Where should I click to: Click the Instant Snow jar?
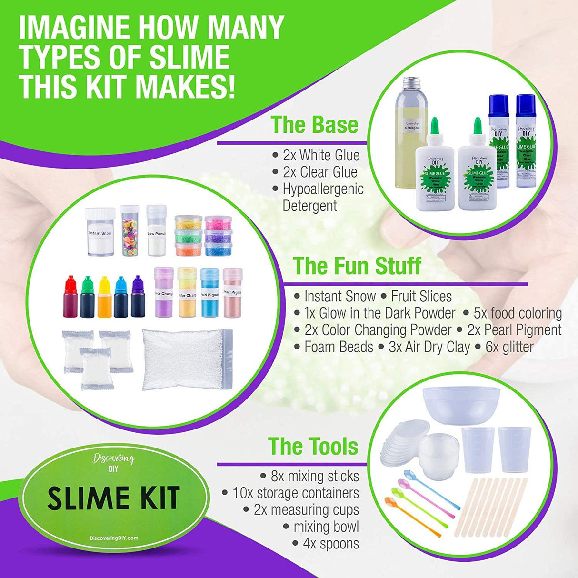tap(100, 232)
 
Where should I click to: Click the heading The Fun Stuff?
tap(357, 266)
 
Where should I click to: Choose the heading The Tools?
tap(313, 446)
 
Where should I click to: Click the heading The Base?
tap(315, 125)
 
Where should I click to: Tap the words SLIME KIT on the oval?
tap(114, 498)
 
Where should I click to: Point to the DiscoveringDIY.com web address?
tap(114, 538)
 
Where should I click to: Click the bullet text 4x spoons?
tap(330, 543)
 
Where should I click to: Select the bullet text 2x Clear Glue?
tap(319, 172)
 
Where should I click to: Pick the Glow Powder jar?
tap(156, 230)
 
